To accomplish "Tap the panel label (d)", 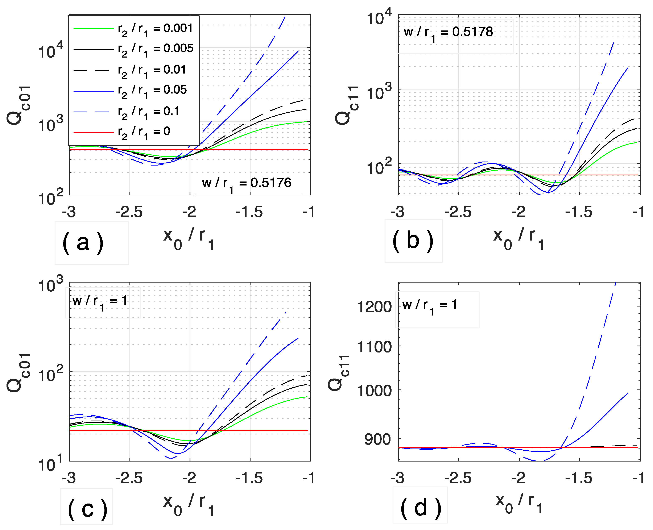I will click(x=420, y=509).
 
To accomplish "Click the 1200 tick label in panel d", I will click(x=374, y=306).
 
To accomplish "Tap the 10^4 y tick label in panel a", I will click(x=50, y=51).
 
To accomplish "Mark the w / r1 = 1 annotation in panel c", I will click(x=100, y=302).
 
